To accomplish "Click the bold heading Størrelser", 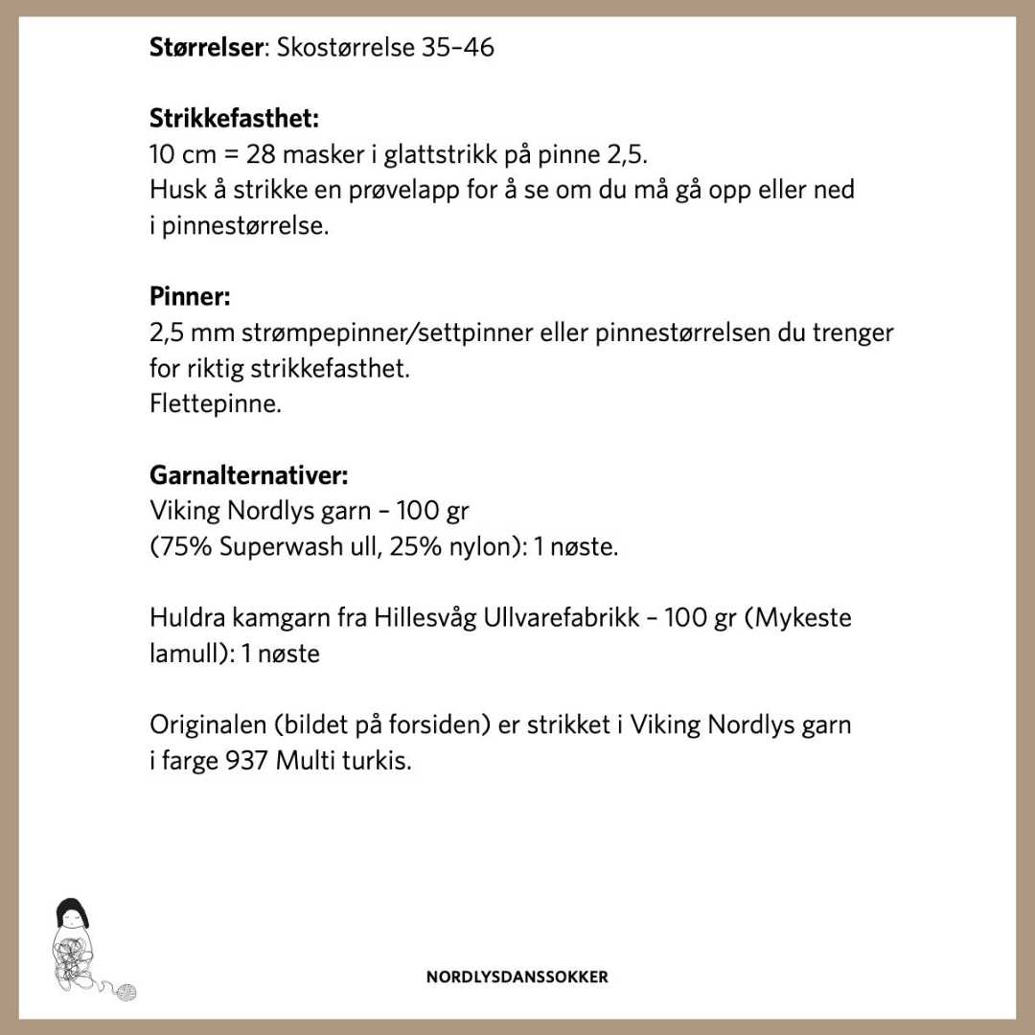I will [205, 47].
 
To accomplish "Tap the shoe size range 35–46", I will [457, 47].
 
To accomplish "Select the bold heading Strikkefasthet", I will [234, 119].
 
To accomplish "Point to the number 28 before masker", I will [263, 154].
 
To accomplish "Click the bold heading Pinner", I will [190, 297].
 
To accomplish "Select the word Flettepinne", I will [216, 403].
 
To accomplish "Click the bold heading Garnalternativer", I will [248, 475].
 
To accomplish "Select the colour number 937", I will [250, 762].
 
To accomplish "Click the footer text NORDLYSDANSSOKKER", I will [517, 977].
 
